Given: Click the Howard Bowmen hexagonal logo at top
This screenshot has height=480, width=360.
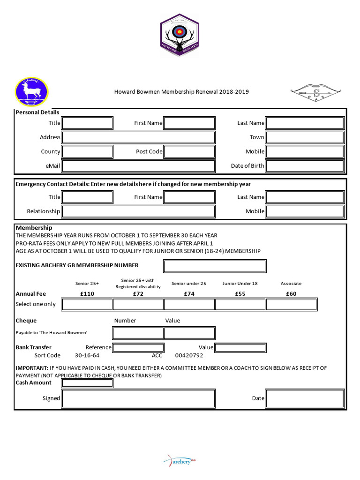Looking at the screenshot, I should click(x=180, y=35).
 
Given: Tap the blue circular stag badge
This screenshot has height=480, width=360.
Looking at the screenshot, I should click(x=32, y=92).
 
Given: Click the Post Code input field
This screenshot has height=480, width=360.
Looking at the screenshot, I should click(x=189, y=151).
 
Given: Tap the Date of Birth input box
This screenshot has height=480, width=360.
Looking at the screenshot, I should click(x=305, y=166).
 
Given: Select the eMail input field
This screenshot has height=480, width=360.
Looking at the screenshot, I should click(x=138, y=166).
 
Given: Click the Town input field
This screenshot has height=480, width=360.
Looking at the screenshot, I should click(x=305, y=137).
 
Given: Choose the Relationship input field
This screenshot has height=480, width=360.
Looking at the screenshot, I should click(x=138, y=211).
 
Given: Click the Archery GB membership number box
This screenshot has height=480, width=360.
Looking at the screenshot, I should click(x=215, y=266).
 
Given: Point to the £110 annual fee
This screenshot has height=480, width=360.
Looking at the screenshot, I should click(x=87, y=294).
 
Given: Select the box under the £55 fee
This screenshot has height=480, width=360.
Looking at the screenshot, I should click(x=240, y=304).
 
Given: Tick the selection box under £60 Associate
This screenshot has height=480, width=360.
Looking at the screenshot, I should click(x=291, y=304).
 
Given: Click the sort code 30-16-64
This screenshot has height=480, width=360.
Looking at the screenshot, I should click(x=87, y=356).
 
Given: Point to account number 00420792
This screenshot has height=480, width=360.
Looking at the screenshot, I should click(x=189, y=356).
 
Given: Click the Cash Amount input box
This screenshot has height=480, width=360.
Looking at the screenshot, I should click(x=87, y=383).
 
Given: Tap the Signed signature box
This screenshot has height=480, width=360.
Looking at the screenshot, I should click(x=138, y=398).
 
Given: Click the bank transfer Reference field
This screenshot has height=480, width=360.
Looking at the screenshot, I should click(x=138, y=347).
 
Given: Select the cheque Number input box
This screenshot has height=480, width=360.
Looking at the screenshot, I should click(x=138, y=333).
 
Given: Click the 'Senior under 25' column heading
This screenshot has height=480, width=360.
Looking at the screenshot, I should click(x=189, y=284).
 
